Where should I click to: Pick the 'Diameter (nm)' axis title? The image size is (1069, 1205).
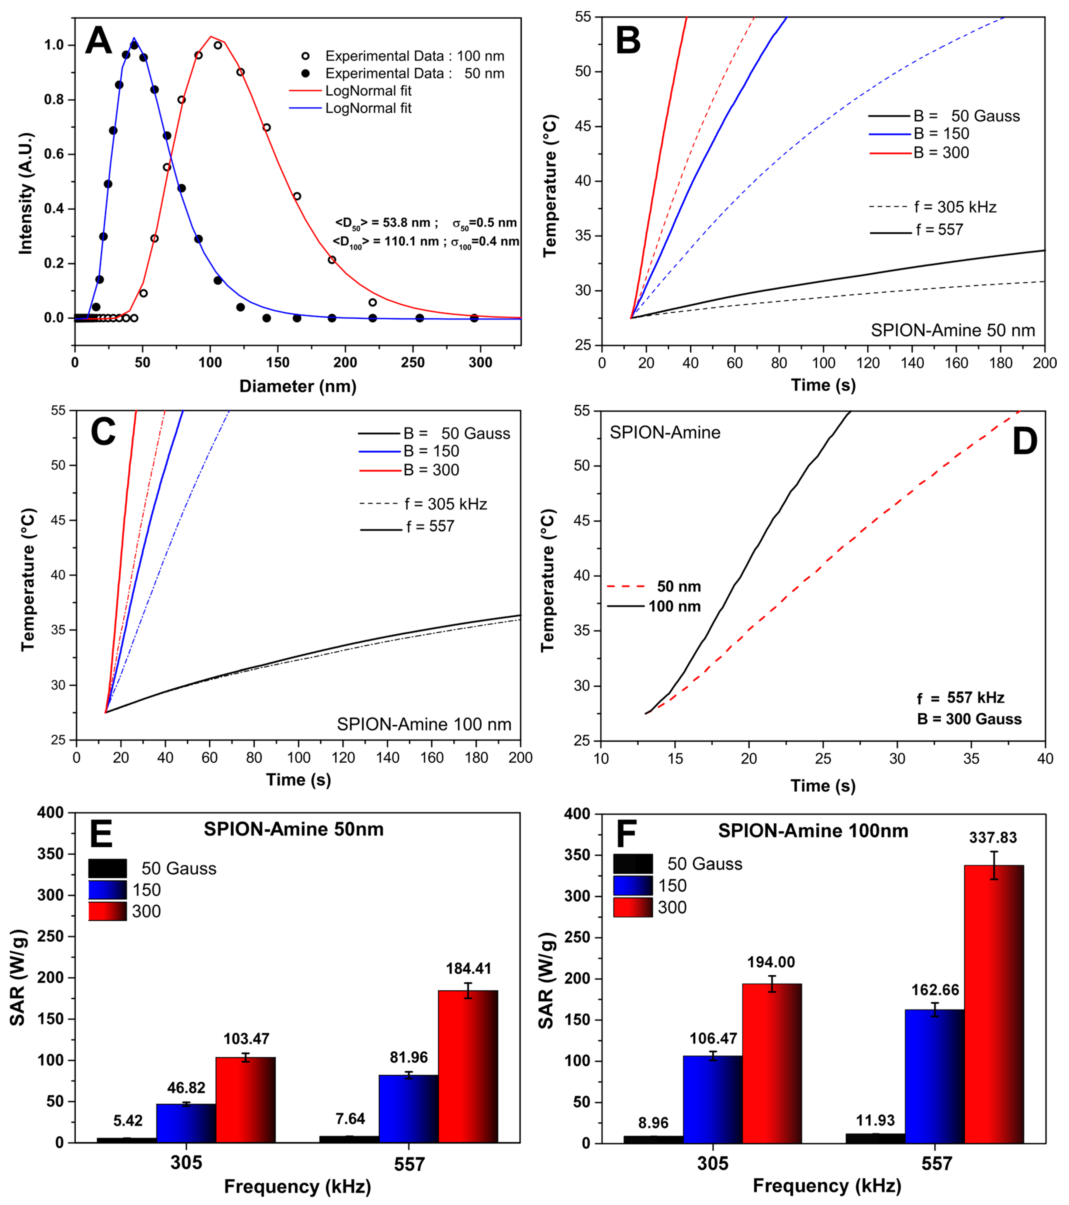click(298, 386)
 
